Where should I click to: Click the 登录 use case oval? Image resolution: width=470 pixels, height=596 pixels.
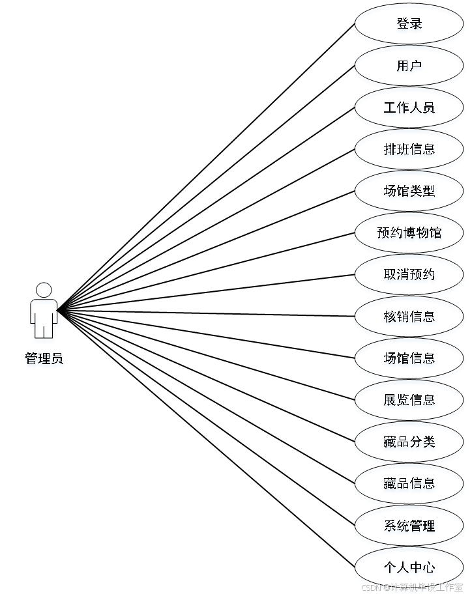[409, 25]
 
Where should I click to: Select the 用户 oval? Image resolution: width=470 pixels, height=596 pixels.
[409, 67]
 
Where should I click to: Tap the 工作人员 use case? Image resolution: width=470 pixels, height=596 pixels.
[409, 109]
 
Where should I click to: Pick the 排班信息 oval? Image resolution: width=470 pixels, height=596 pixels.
[409, 150]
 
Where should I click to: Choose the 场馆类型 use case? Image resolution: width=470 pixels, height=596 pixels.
[409, 192]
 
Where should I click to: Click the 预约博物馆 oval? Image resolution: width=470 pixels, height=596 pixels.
[409, 234]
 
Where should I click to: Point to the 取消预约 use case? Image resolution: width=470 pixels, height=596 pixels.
[409, 276]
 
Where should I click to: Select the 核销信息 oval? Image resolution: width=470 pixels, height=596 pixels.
[409, 317]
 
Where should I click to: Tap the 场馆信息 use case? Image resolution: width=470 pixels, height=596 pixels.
[409, 359]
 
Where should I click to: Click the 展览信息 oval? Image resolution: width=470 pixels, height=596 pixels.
[409, 401]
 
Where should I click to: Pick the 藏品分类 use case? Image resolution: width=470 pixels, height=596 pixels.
[409, 443]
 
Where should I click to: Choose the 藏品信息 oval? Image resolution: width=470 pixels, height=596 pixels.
[409, 485]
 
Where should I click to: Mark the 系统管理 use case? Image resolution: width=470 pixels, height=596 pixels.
[409, 526]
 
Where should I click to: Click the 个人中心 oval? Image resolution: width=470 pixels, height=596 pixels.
[409, 568]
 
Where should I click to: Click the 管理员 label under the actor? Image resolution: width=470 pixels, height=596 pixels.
[44, 359]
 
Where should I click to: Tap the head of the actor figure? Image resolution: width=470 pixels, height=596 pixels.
[44, 291]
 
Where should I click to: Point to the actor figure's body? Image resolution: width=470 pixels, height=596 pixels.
[44, 311]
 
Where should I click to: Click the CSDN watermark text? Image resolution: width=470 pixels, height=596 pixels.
[370, 587]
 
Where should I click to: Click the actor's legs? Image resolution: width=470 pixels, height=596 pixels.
[44, 332]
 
